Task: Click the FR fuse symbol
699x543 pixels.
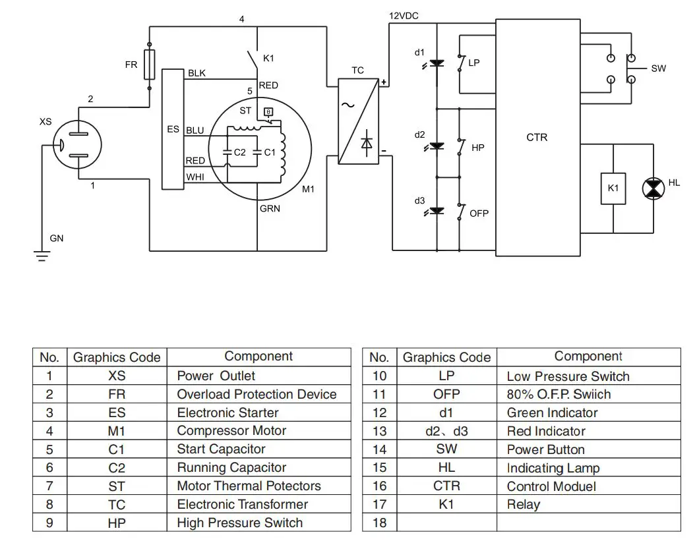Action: point(150,65)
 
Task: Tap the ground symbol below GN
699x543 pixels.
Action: point(42,255)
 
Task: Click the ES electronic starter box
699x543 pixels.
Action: point(173,129)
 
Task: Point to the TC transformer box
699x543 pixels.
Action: point(358,121)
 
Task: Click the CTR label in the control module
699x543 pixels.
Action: point(537,138)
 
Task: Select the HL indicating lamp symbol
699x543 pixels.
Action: point(653,188)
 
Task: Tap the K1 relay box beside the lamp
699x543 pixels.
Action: point(613,188)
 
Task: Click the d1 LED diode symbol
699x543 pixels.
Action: point(437,64)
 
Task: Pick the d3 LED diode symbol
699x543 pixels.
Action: point(437,211)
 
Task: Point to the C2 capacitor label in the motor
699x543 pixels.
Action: point(240,152)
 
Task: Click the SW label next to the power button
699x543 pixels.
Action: point(658,69)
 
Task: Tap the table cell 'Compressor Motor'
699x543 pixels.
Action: point(231,431)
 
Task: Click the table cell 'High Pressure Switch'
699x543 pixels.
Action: point(239,523)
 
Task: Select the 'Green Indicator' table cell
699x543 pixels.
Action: point(552,413)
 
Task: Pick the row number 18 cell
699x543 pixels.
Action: point(379,523)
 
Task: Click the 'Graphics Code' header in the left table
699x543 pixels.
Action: point(117,357)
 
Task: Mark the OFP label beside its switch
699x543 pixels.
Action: point(479,214)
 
